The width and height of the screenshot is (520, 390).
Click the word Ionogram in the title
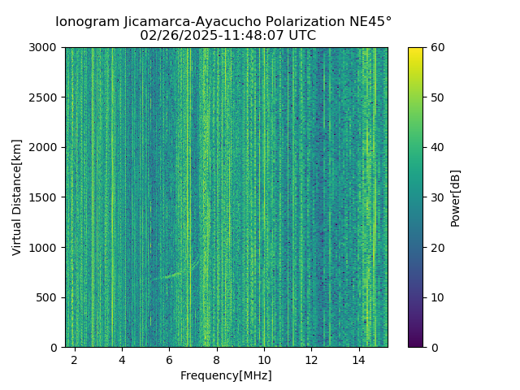click(85, 21)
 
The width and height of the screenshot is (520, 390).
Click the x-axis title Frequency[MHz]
click(226, 375)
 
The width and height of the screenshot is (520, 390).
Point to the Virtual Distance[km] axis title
click(17, 197)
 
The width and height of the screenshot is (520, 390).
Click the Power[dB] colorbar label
click(455, 197)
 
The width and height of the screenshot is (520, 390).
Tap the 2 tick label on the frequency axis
click(75, 358)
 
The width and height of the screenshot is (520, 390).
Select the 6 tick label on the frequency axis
click(169, 358)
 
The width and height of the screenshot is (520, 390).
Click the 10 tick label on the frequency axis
click(264, 358)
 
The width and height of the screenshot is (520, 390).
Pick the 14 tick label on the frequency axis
click(359, 358)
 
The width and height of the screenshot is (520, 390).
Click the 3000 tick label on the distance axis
click(45, 47)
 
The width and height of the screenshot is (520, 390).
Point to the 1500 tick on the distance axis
click(45, 197)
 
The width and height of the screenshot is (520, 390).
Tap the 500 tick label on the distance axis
click(49, 297)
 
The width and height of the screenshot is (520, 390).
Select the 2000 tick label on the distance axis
click(45, 147)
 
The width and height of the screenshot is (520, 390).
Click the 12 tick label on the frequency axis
click(311, 358)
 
